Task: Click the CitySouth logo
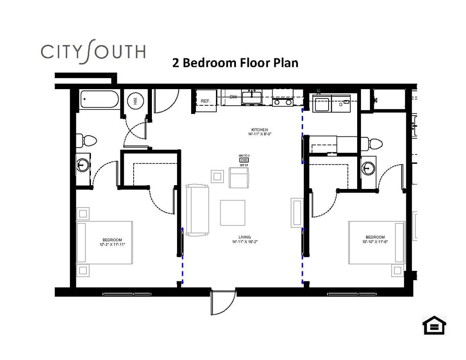93,52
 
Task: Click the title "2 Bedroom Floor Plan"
235,63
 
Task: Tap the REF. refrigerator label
206,101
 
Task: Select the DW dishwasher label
233,97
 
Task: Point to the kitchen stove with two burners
283,102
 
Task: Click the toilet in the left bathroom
87,140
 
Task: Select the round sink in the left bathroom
82,164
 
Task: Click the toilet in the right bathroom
374,143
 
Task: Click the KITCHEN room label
259,130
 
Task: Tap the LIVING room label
245,237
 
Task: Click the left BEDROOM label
112,240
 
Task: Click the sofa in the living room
198,210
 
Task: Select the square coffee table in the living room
233,212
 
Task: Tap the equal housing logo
434,325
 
